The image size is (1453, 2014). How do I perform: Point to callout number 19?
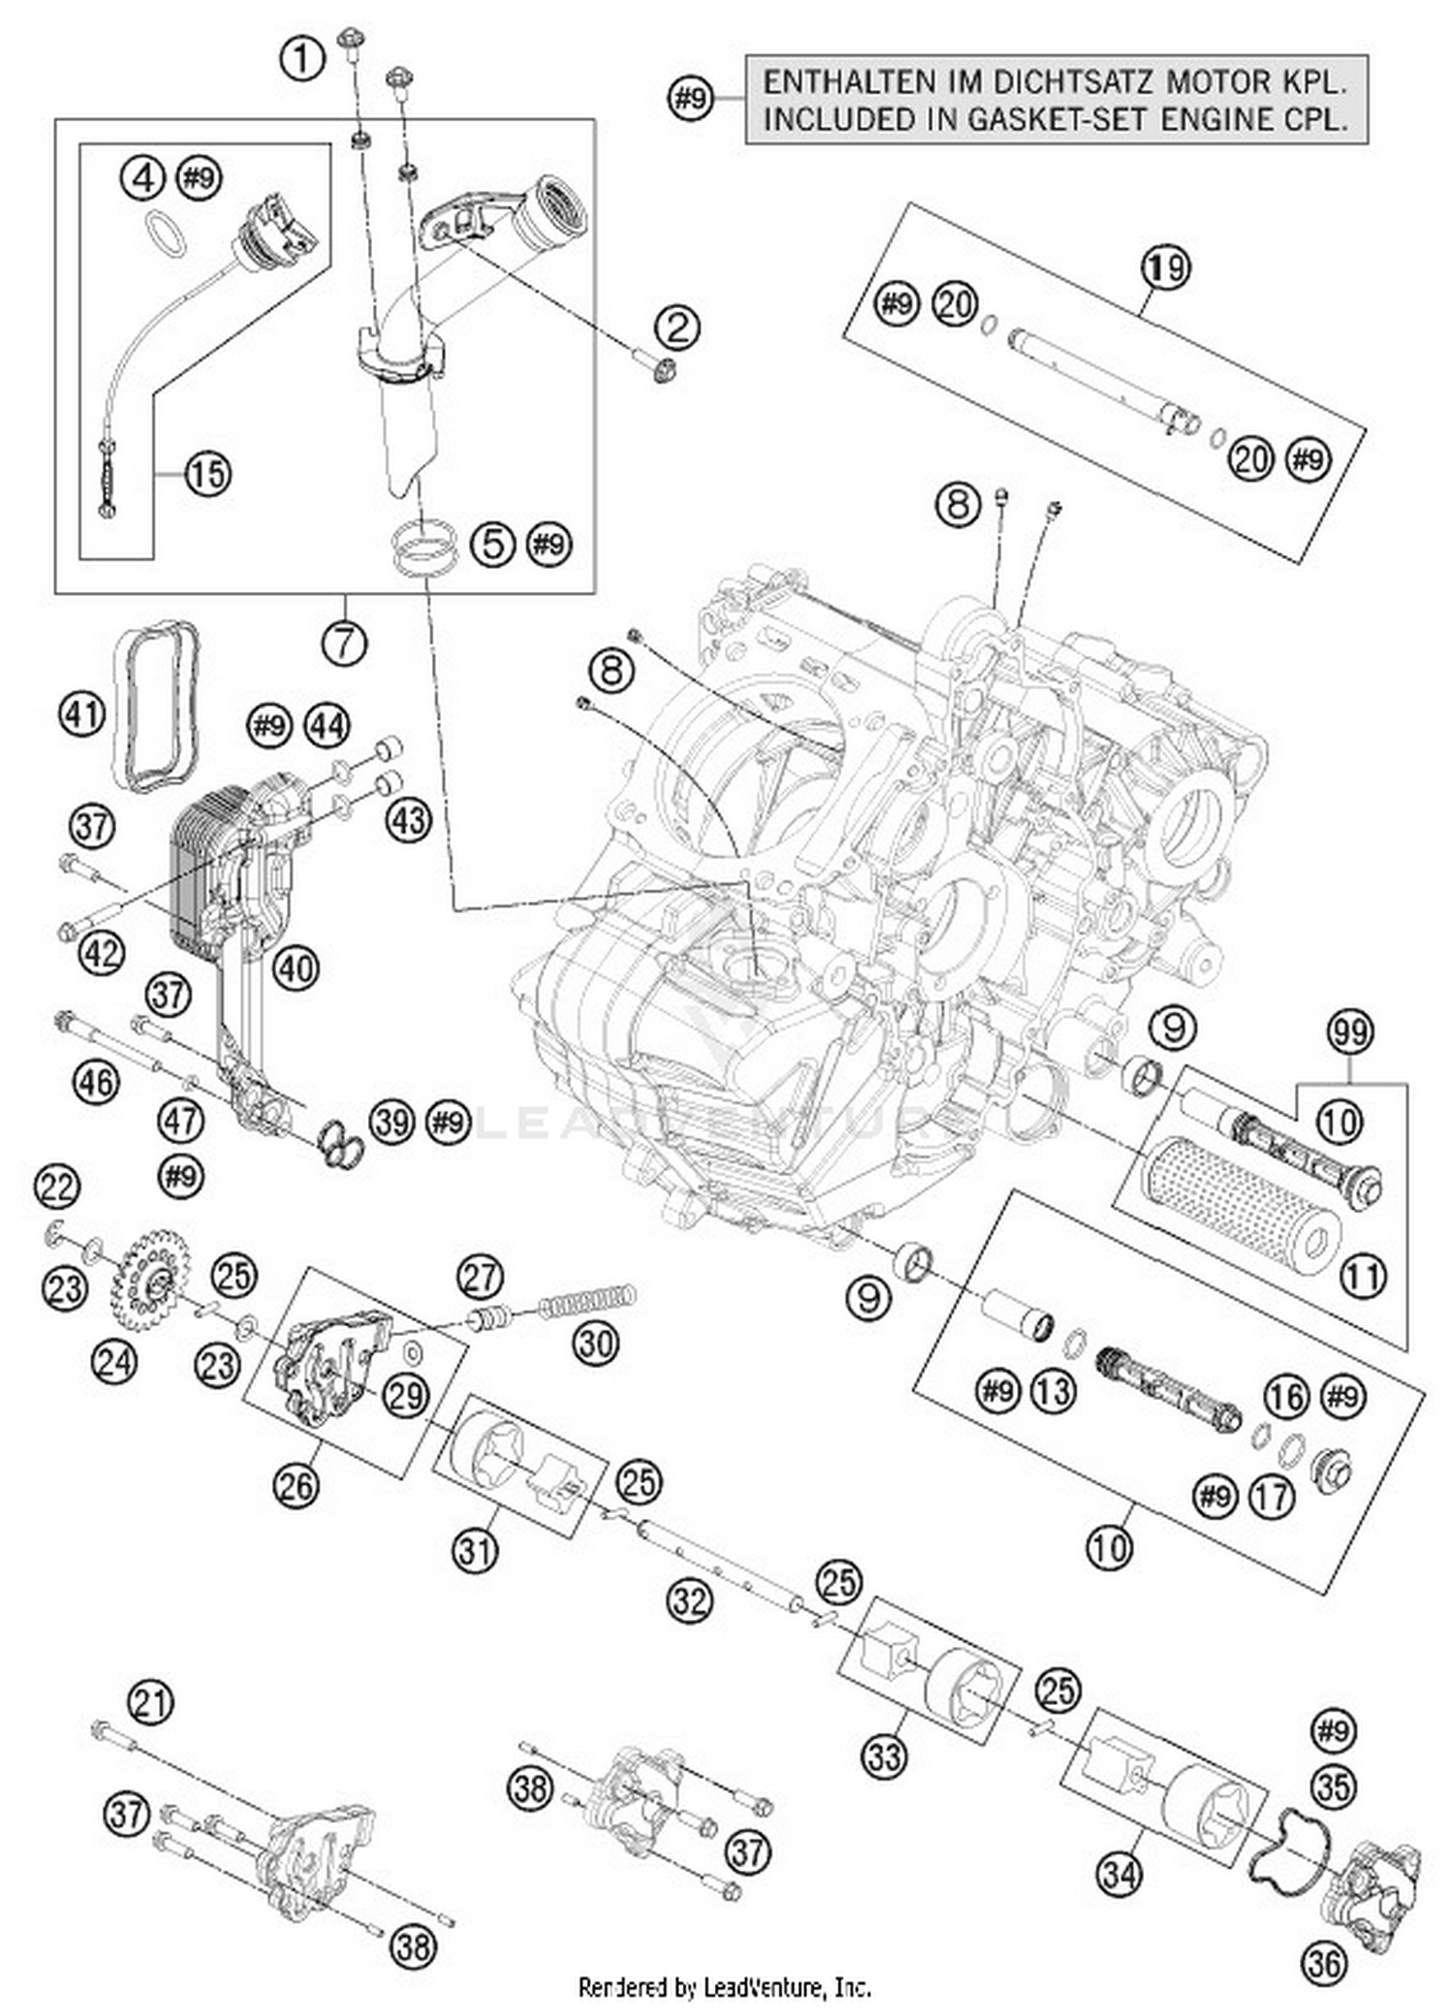[x=1166, y=266]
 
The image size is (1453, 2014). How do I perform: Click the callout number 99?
[x=1350, y=1031]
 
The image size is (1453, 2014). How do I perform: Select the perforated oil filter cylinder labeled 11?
[x=1239, y=1200]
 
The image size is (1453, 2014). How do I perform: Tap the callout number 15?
[x=206, y=474]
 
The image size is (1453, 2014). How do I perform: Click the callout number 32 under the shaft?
[x=690, y=1601]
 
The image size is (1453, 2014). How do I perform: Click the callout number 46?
[x=94, y=1081]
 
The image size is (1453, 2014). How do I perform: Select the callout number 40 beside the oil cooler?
[x=296, y=968]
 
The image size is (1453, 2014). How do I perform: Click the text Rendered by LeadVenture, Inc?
[x=725, y=1988]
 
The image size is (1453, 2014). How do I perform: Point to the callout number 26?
[x=296, y=1484]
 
